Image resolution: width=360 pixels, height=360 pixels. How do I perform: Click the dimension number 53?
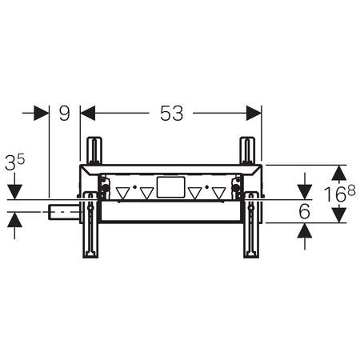tap(171, 114)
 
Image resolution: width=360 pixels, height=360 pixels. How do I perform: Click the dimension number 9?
tap(64, 114)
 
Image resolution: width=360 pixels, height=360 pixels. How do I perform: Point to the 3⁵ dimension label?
tap(14, 162)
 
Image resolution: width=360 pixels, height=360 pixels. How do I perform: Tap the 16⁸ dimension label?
tap(340, 194)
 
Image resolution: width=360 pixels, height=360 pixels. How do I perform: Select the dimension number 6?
tap(305, 211)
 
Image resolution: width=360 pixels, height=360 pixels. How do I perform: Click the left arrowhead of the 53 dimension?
tap(88, 113)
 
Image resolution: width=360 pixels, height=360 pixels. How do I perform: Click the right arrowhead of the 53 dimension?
tap(254, 113)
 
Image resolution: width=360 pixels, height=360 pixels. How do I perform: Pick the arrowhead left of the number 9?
tap(42, 113)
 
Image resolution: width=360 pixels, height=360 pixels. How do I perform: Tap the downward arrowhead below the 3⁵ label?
tap(14, 192)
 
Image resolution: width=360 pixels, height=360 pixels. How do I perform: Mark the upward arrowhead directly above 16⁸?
tap(339, 173)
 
